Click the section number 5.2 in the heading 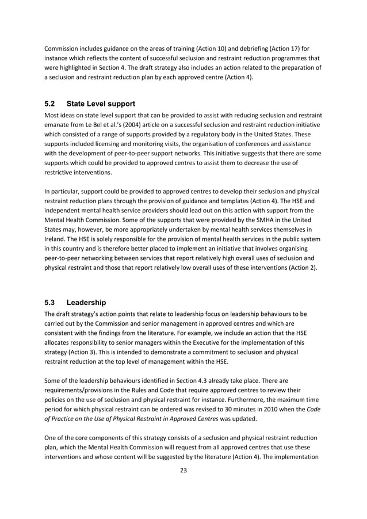coord(50,104)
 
